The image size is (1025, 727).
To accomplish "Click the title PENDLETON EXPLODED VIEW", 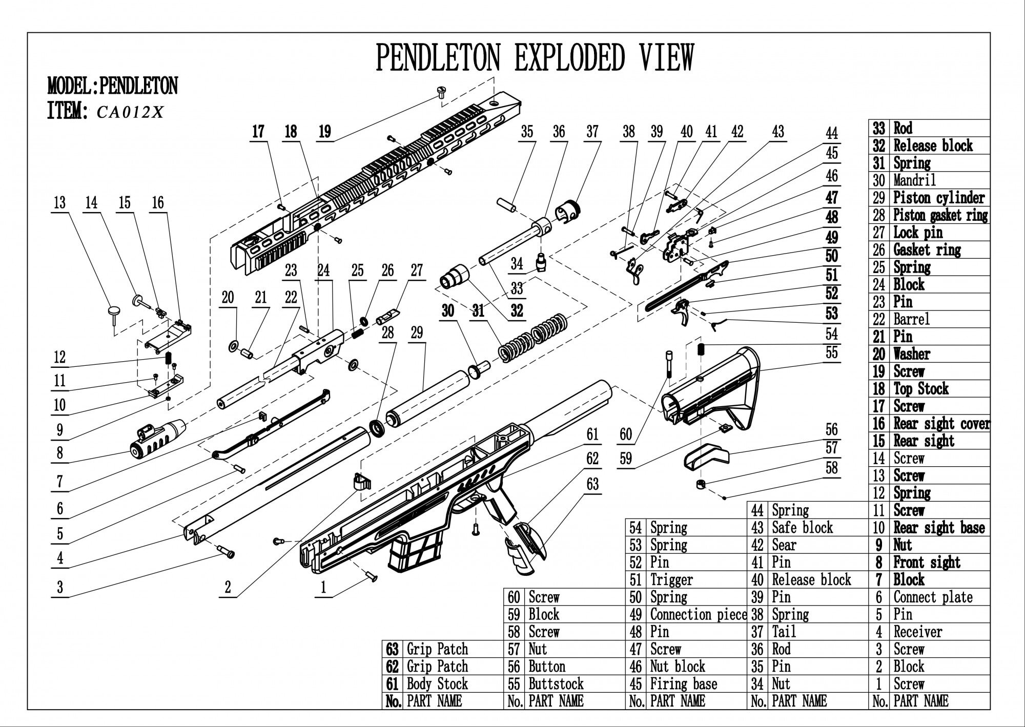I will (535, 57).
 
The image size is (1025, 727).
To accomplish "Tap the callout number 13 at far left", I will (59, 202).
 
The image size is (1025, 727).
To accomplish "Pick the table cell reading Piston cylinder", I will (939, 198).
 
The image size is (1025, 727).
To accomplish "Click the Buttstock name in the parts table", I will (556, 684).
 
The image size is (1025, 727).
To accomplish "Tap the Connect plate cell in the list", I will (933, 597).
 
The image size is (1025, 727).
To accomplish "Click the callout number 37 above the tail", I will (592, 132).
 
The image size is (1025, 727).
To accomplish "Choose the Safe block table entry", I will (802, 528).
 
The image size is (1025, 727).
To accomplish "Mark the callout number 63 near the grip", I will (592, 484).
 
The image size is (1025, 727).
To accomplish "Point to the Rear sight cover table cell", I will (941, 424).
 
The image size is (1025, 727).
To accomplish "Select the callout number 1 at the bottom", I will (323, 588).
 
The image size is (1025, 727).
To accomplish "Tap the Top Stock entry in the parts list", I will (920, 389).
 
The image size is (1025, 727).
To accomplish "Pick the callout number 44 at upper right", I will (831, 134).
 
